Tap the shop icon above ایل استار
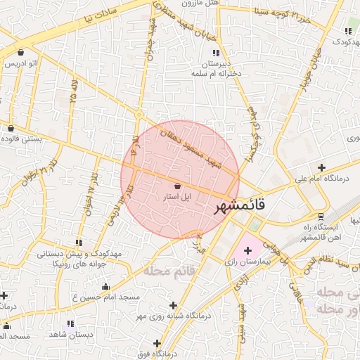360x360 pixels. (176, 186)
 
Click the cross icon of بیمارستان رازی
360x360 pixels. (247, 250)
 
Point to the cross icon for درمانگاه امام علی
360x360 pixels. (321, 167)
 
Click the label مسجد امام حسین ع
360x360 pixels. (106, 297)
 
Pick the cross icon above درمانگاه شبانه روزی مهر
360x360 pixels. (173, 304)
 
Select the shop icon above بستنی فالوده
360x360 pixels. (11, 128)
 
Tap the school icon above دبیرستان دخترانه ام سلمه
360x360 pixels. (216, 53)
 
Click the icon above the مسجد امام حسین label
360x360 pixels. (106, 286)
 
